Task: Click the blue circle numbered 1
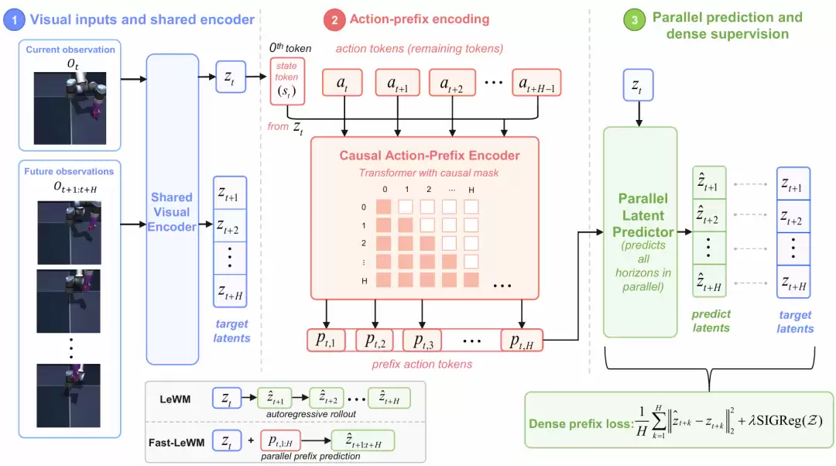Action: [x=14, y=20]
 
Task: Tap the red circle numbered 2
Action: [x=334, y=20]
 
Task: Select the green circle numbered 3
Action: [x=635, y=20]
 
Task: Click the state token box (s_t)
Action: [x=287, y=81]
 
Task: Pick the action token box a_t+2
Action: [x=452, y=83]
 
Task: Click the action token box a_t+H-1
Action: [x=536, y=83]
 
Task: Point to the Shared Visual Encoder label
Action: [x=172, y=212]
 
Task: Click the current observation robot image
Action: [x=70, y=108]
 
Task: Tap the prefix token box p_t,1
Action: [x=327, y=340]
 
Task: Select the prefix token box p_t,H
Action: [x=522, y=340]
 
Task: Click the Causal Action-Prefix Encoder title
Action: [x=430, y=156]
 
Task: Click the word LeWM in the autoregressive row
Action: [x=175, y=399]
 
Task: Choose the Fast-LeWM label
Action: [x=176, y=443]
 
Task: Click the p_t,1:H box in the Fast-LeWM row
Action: [x=280, y=441]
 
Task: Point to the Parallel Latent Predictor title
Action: [x=643, y=215]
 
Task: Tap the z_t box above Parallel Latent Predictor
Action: [x=638, y=85]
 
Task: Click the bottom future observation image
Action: [x=68, y=396]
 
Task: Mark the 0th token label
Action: [x=290, y=48]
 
